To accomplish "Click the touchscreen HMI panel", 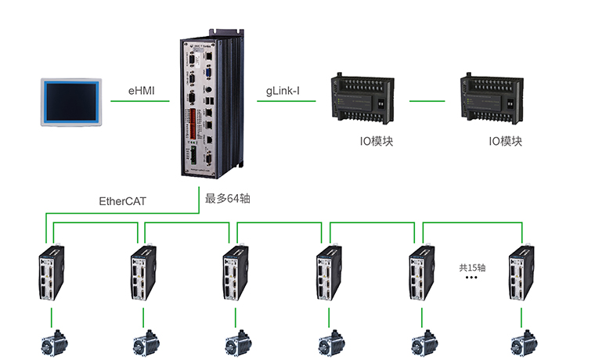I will (x=71, y=101).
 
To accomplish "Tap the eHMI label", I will (x=142, y=92).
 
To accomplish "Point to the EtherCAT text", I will (x=122, y=201).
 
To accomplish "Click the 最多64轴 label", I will (x=227, y=199).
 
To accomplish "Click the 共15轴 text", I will (x=472, y=267).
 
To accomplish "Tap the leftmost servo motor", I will (x=52, y=343).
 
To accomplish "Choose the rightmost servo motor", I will (x=523, y=343).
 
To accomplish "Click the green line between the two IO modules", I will (x=432, y=100).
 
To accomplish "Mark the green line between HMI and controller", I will (x=141, y=101).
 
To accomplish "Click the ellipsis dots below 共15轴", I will (x=472, y=279).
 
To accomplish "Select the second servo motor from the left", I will (x=145, y=343).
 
